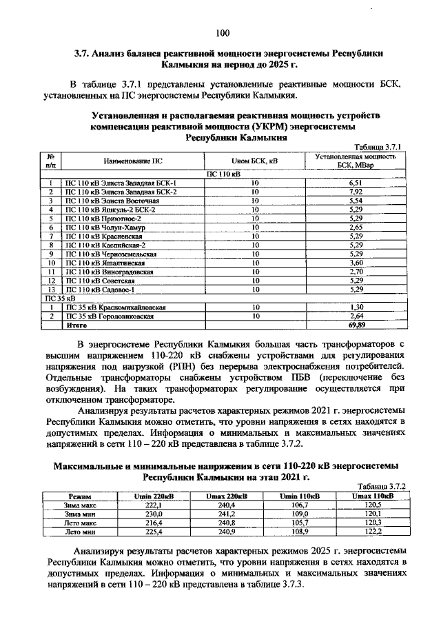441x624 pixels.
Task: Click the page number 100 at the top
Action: click(221, 32)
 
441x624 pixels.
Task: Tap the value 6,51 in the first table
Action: click(356, 182)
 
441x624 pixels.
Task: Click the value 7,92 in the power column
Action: click(356, 191)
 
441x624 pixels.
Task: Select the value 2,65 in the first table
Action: click(356, 226)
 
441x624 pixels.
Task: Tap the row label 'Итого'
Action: click(76, 324)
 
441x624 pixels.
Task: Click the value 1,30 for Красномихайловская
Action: click(356, 306)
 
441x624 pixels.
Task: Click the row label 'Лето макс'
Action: click(81, 523)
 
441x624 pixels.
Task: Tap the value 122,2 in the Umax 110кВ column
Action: click(372, 532)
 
